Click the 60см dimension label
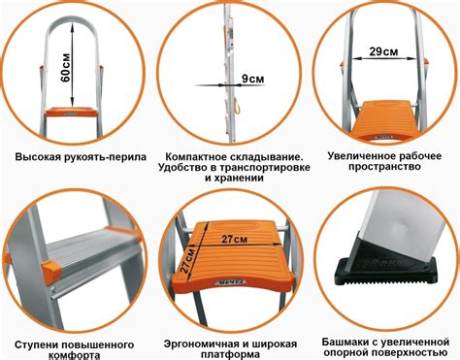point(66,67)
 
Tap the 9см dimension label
point(253,79)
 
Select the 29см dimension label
point(383,51)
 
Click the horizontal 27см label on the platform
point(235,239)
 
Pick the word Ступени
point(36,344)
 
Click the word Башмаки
point(345,342)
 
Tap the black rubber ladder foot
point(385,265)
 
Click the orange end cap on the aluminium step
point(51,270)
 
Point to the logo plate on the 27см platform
point(230,282)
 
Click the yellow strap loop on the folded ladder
point(238,106)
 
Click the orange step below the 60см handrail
point(71,112)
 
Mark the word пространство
point(384,167)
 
